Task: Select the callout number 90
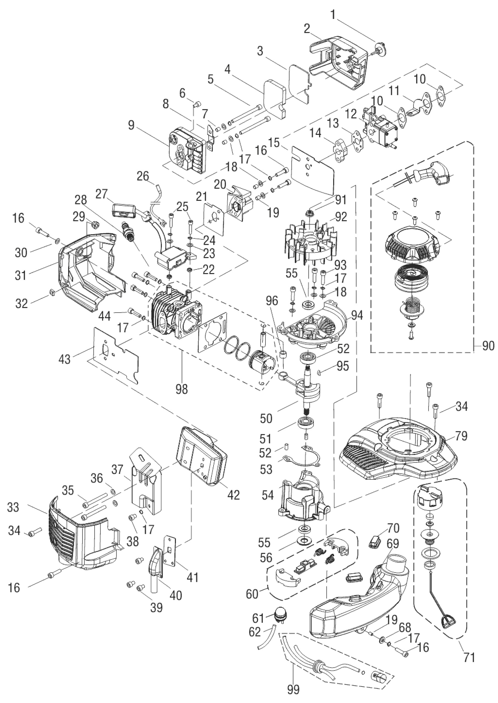pyautogui.click(x=488, y=346)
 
